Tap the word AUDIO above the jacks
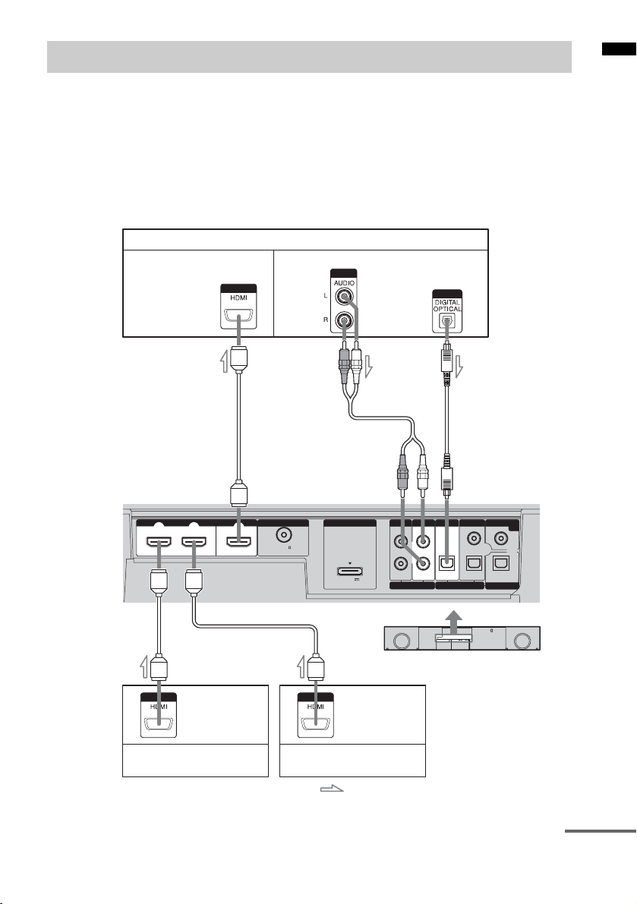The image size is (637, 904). [x=347, y=280]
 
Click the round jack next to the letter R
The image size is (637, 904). [x=346, y=320]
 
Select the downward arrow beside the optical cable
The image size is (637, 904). [x=462, y=373]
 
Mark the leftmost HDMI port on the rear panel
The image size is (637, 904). [x=158, y=541]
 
